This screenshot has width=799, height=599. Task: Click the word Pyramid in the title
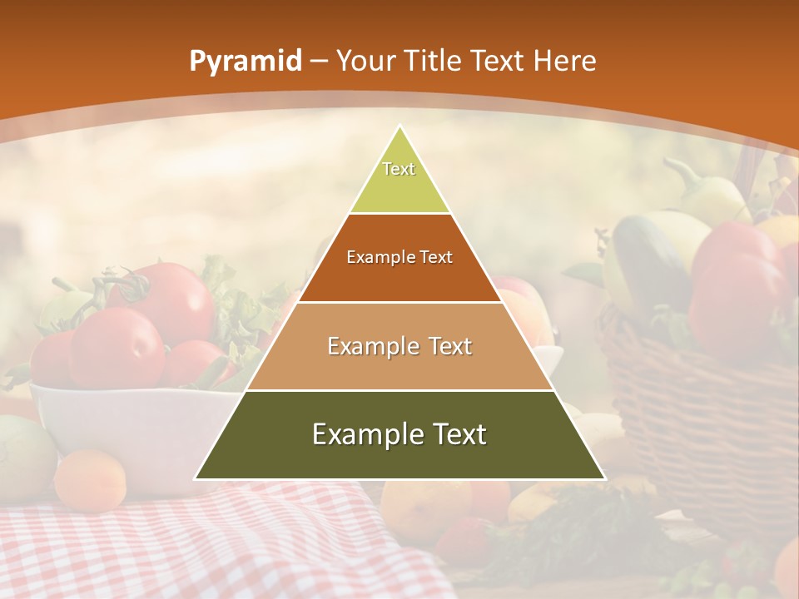pos(245,62)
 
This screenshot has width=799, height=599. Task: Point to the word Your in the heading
pos(365,62)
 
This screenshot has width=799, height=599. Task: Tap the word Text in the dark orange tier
pos(436,257)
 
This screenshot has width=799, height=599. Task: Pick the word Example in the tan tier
pos(370,346)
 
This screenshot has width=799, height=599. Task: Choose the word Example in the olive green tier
pos(363,434)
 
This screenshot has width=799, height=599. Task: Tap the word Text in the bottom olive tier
pos(459,434)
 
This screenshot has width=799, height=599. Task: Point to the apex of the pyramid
pos(399,126)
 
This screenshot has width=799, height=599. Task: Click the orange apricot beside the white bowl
pos(90,480)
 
